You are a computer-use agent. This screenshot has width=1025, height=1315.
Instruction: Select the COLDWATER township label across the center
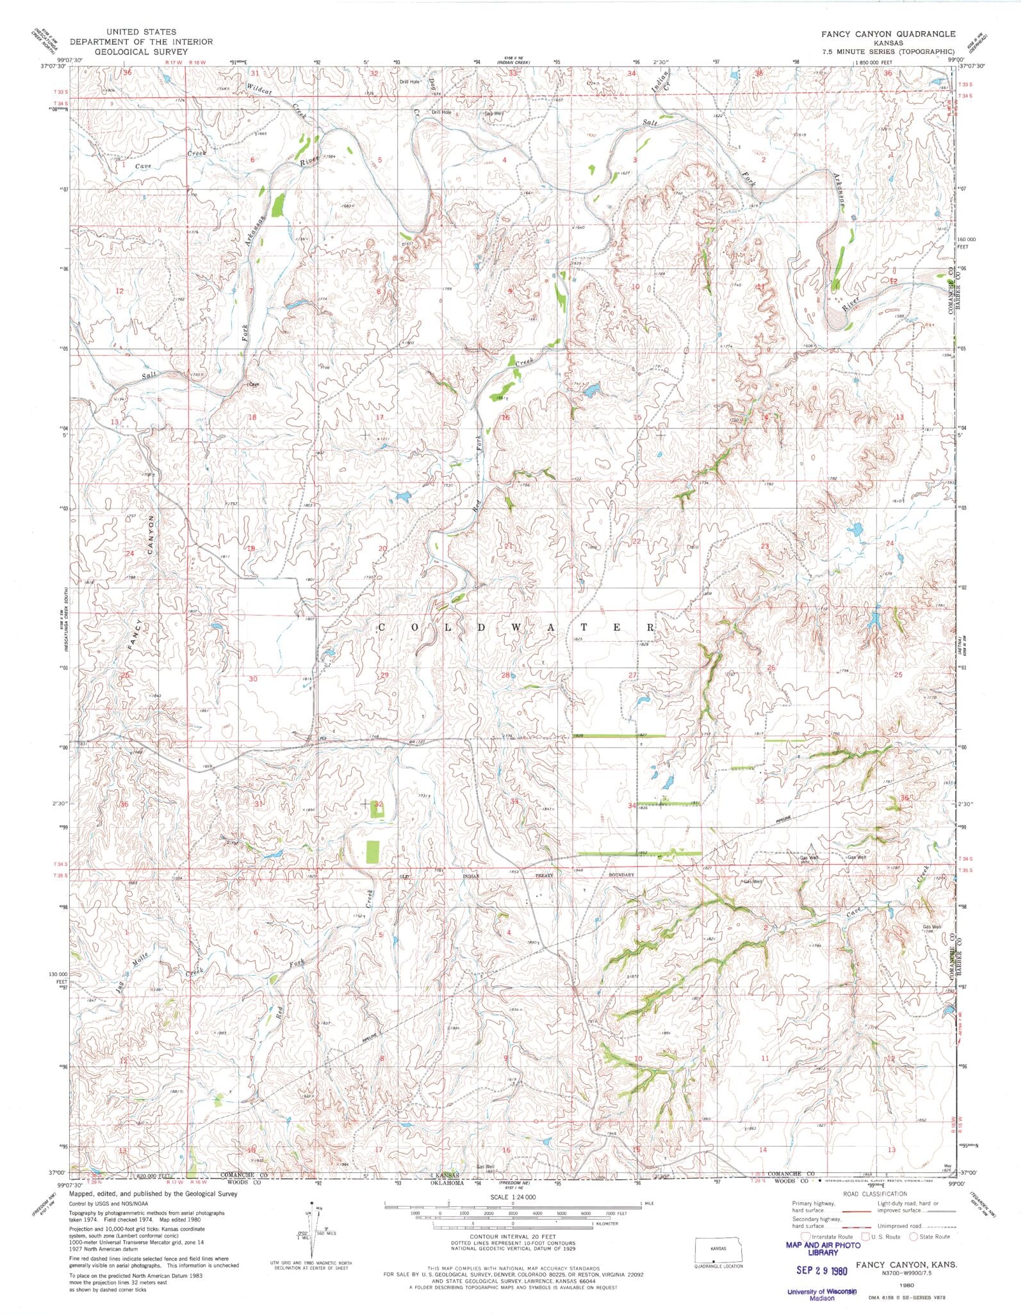tap(516, 628)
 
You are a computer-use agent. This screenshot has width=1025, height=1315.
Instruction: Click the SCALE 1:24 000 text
tap(512, 1197)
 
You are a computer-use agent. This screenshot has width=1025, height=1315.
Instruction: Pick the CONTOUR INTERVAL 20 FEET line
tap(512, 1237)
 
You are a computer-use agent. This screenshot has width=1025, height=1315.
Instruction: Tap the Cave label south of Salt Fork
tap(254, 385)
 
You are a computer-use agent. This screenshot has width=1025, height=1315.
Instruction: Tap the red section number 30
tap(252, 679)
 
